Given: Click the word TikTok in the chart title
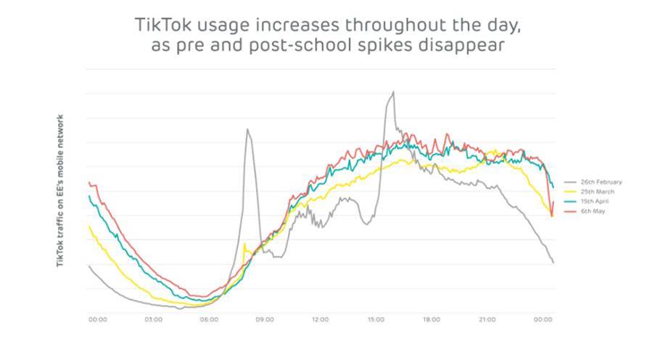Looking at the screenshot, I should click(x=160, y=23).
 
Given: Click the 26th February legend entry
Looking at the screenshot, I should click(x=596, y=182).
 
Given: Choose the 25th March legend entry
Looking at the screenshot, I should click(x=592, y=192).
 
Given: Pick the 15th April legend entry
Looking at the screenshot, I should click(x=590, y=201).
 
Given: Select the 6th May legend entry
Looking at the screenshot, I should click(x=588, y=210).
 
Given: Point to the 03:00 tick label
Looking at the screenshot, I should click(x=153, y=319).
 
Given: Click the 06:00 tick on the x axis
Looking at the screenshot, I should click(x=209, y=319).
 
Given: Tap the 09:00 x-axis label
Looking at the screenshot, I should click(x=264, y=319).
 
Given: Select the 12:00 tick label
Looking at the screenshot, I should click(x=320, y=319).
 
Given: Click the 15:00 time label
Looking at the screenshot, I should click(x=376, y=319).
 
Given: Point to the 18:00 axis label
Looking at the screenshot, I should click(x=432, y=319).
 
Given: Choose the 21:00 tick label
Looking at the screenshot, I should click(x=487, y=319).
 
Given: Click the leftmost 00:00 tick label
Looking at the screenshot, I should click(x=98, y=319).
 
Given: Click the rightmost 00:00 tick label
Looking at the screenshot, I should click(x=543, y=319).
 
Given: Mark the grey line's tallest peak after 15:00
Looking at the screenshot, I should click(x=393, y=92).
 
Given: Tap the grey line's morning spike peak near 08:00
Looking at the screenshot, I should click(x=247, y=129).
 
